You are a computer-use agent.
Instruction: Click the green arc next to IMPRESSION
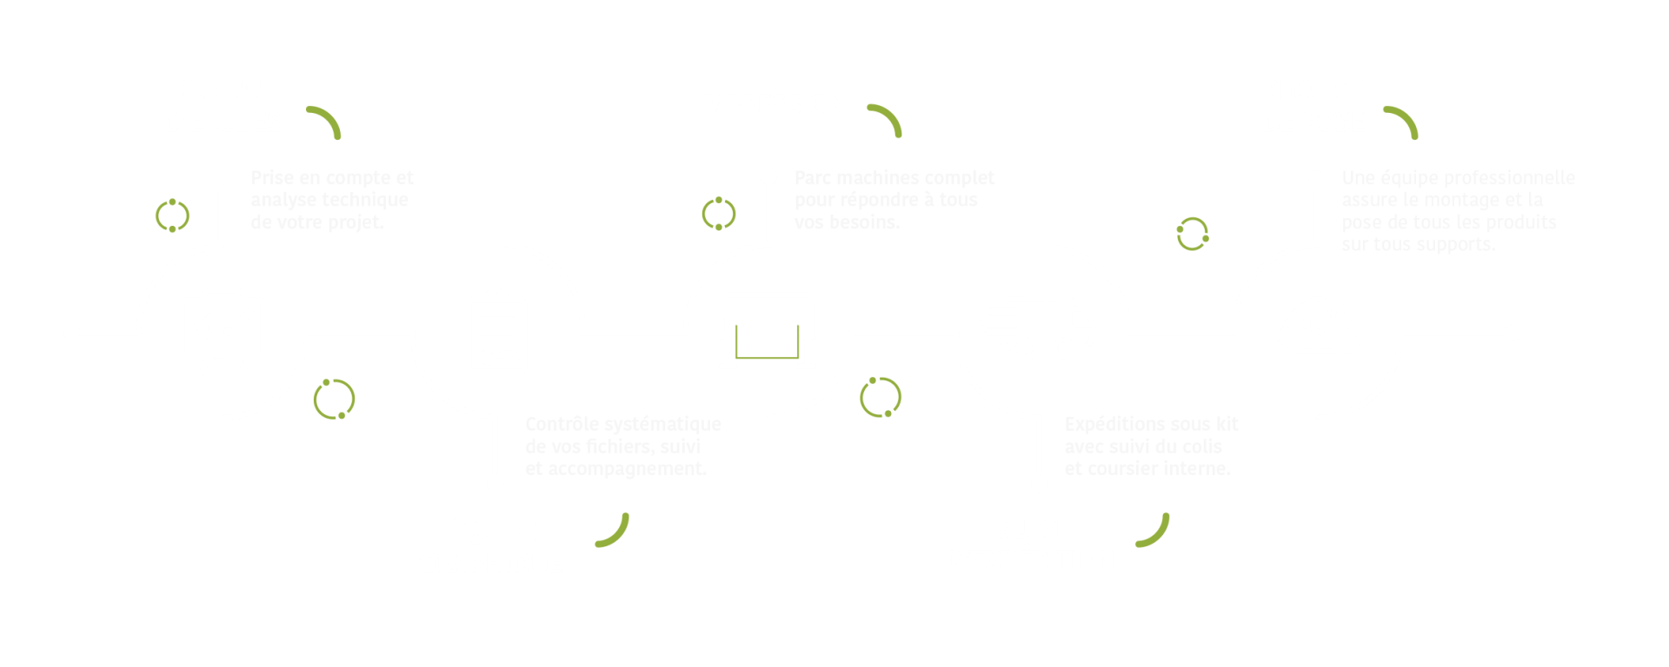pos(887,120)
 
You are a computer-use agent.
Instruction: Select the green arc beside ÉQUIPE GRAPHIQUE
pos(614,531)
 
